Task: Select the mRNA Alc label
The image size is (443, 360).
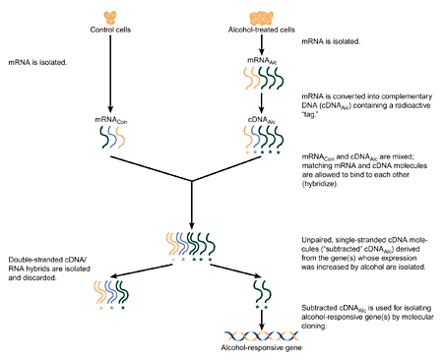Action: click(262, 61)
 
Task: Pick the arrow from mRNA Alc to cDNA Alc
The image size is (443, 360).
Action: click(262, 101)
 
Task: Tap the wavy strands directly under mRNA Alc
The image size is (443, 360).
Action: click(262, 79)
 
